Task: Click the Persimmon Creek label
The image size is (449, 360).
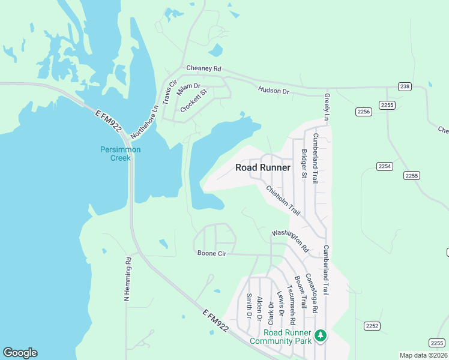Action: tap(120, 154)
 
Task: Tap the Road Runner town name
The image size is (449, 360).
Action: tap(263, 168)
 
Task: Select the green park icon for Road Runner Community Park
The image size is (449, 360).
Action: tap(321, 335)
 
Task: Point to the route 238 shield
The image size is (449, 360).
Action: tap(405, 87)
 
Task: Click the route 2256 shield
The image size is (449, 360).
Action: tap(364, 112)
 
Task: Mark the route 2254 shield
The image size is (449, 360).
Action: tap(385, 166)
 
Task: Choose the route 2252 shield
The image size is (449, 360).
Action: tap(372, 326)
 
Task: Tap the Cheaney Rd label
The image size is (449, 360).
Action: tap(203, 69)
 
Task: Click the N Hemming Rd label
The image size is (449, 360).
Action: tap(127, 279)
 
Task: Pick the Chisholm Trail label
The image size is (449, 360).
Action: tap(283, 200)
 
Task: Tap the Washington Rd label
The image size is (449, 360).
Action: tap(289, 240)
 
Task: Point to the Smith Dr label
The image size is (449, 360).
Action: tap(249, 306)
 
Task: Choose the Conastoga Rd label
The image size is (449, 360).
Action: tap(310, 294)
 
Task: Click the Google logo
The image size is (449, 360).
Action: tap(20, 353)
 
